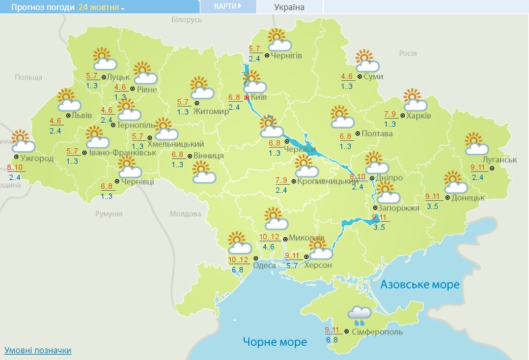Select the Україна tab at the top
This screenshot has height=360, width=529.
[289, 7]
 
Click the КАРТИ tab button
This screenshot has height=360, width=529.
[228, 6]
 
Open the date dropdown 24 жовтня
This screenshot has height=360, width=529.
[102, 7]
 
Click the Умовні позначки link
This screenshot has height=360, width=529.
[38, 351]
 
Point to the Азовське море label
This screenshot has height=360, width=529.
[420, 284]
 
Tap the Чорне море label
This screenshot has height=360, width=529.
[275, 342]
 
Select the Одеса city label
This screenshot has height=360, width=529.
[264, 265]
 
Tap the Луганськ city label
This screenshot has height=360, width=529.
[500, 159]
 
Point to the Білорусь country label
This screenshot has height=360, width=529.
[186, 20]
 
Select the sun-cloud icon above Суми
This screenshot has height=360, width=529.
[367, 61]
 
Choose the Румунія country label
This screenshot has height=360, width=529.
[109, 214]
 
